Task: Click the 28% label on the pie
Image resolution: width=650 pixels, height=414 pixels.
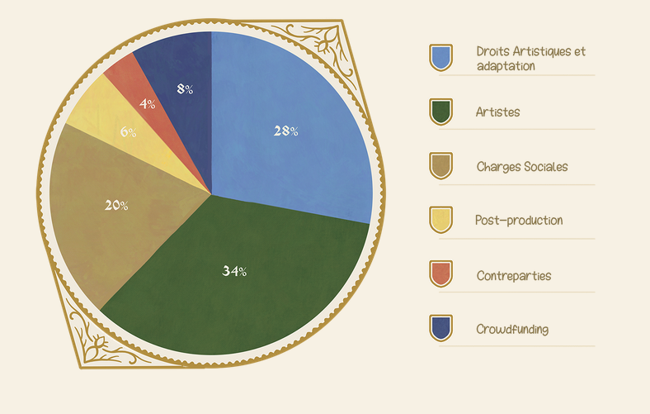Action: tap(285, 131)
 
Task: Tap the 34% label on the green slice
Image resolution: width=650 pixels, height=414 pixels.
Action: tap(234, 271)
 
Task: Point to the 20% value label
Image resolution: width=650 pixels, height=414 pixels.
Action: tap(116, 205)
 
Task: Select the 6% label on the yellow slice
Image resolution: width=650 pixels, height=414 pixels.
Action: tap(128, 131)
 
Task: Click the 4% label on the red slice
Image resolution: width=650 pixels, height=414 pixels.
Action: tap(148, 104)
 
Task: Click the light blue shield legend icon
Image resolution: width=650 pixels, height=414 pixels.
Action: tap(440, 57)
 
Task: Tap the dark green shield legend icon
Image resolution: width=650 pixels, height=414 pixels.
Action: tap(440, 112)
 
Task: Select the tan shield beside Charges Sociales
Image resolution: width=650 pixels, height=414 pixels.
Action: tap(440, 166)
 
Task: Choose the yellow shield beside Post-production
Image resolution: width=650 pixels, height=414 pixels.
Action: tap(440, 220)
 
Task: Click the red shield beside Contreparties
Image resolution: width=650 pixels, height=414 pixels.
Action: tap(440, 274)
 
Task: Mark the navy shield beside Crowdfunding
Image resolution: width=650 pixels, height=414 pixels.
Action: tap(440, 328)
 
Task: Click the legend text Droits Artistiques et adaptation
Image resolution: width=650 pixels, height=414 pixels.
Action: tap(530, 58)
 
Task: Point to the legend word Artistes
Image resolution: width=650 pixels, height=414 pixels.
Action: tap(498, 112)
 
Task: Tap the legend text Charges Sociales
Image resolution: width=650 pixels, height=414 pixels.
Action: tap(522, 166)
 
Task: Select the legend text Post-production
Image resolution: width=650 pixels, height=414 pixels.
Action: tap(519, 221)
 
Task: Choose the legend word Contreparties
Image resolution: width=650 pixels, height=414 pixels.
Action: tap(513, 275)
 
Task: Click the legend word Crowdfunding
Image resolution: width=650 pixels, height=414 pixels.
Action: tap(512, 329)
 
